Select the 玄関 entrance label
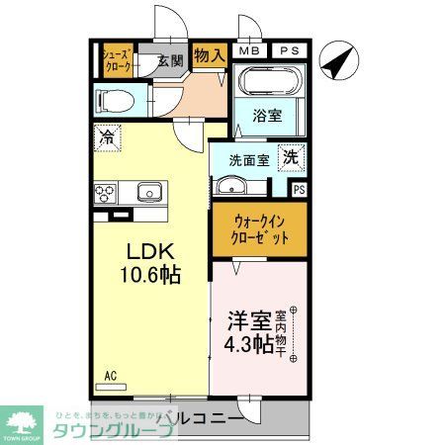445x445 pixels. coord(170,60)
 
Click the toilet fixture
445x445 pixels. coord(111,100)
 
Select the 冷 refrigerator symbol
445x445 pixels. coord(105,137)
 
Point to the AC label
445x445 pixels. coord(112,376)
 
